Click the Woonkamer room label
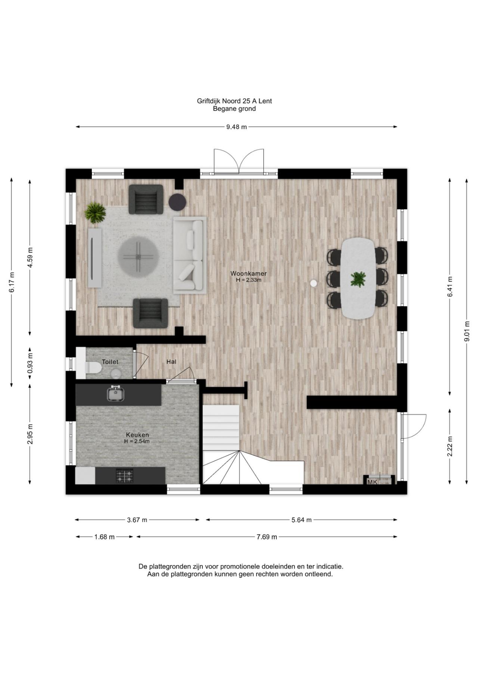click(x=248, y=273)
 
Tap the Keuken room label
click(x=137, y=435)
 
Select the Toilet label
click(x=110, y=362)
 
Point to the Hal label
click(x=171, y=362)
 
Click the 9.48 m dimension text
click(x=236, y=127)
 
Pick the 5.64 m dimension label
click(x=301, y=520)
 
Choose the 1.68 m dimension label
click(x=105, y=537)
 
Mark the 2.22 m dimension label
click(x=450, y=446)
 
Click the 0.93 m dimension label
click(x=30, y=363)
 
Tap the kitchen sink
click(x=116, y=393)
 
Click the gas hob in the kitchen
click(x=124, y=476)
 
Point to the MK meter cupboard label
click(x=372, y=482)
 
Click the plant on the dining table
click(x=358, y=279)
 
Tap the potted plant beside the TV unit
click(x=95, y=213)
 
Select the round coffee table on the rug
click(x=139, y=257)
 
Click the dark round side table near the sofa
click(x=177, y=202)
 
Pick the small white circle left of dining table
click(x=314, y=283)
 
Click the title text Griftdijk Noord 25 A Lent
click(x=235, y=101)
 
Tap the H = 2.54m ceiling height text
click(x=137, y=441)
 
